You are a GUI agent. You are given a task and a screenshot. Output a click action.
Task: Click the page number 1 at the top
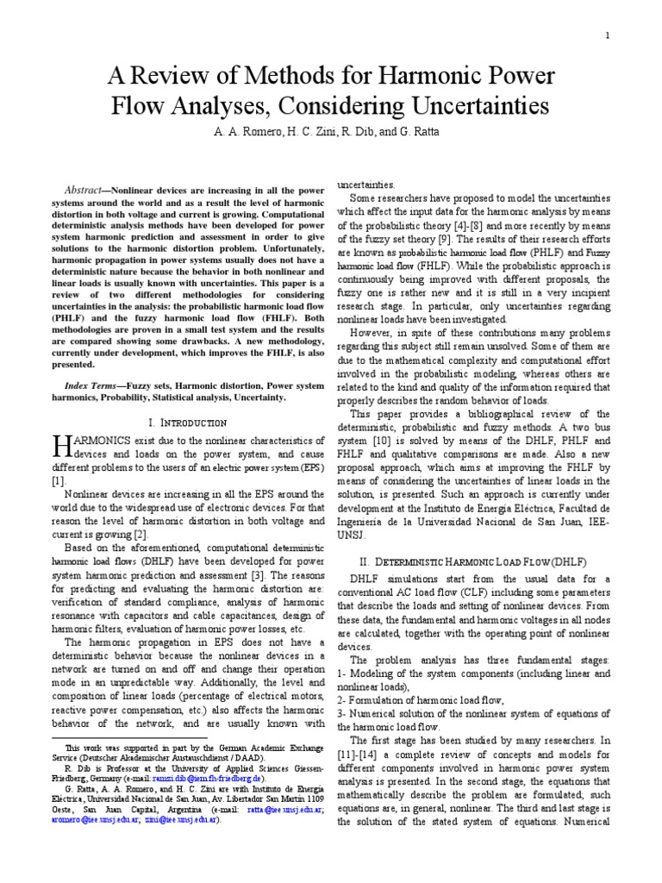(x=608, y=35)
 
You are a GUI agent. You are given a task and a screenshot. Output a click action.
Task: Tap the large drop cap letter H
(x=62, y=448)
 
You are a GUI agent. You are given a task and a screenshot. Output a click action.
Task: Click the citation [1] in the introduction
(x=57, y=479)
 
